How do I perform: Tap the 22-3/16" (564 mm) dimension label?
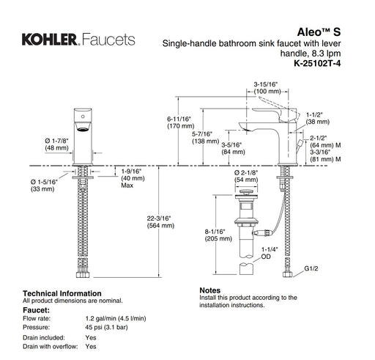pyautogui.click(x=159, y=221)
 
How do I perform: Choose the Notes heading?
pyautogui.click(x=210, y=290)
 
